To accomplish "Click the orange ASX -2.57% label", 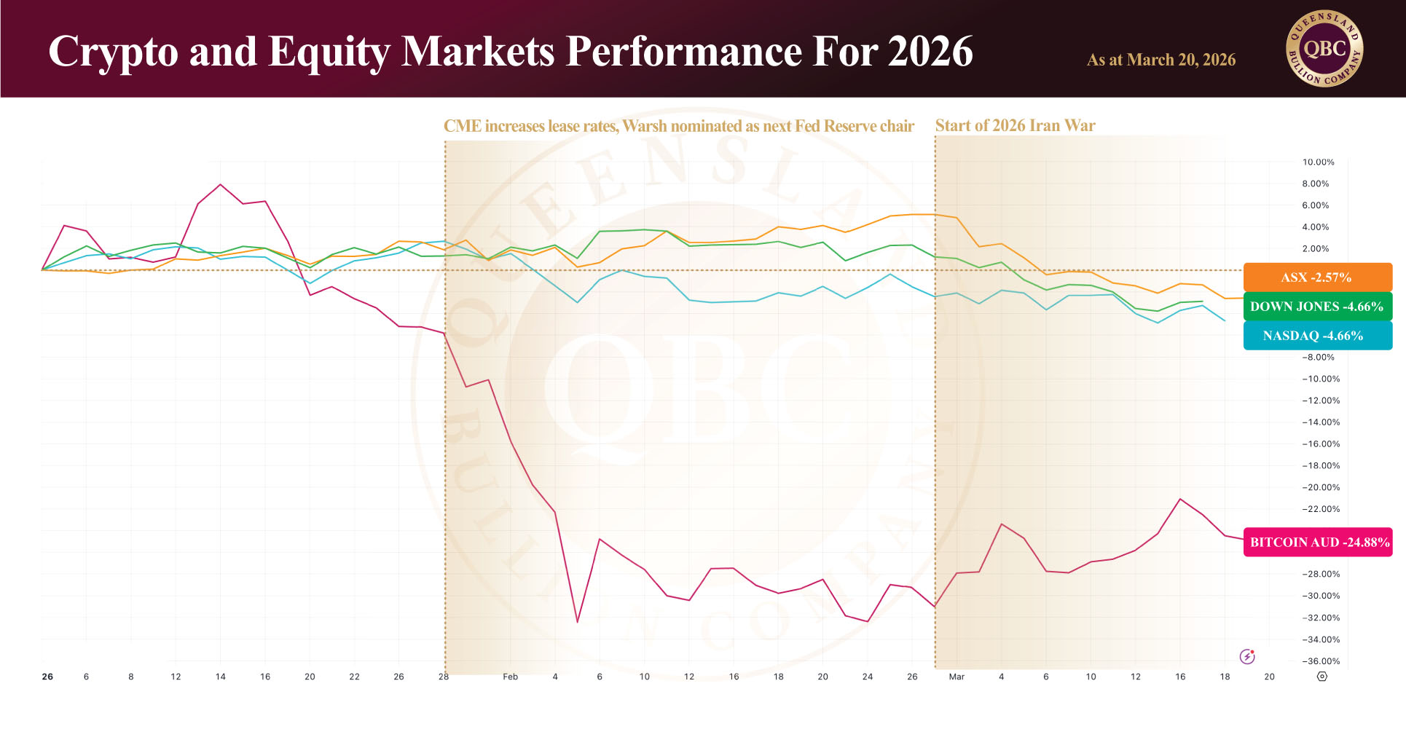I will point(1317,277).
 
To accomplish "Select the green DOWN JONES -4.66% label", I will point(1317,307).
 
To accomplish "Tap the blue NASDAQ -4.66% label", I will point(1317,336).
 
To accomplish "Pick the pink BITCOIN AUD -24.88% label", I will point(1318,543).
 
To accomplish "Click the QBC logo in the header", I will point(1324,50).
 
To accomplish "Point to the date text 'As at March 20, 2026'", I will point(1160,60).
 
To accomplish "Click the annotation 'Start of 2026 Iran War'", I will point(1015,125).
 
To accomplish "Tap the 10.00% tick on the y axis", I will point(1318,162).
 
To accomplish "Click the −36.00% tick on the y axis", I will point(1321,661).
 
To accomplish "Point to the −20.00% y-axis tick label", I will point(1321,487).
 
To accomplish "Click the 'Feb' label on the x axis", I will point(510,677).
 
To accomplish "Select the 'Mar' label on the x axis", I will point(957,677).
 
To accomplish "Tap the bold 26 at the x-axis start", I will point(47,677).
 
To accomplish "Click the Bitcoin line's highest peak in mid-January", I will point(220,185).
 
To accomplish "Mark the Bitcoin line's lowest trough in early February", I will point(577,622).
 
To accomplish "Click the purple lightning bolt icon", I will point(1247,657).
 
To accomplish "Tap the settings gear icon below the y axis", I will point(1322,677).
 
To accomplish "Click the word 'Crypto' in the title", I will point(114,52).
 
